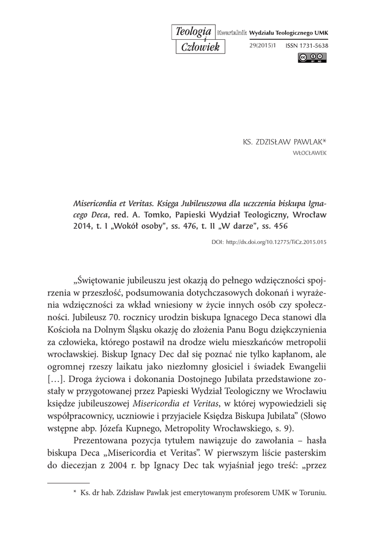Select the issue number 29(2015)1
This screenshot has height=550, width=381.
coord(262,46)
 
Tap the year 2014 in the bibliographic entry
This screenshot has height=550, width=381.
coord(82,226)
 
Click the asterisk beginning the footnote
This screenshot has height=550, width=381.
coord(75,492)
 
